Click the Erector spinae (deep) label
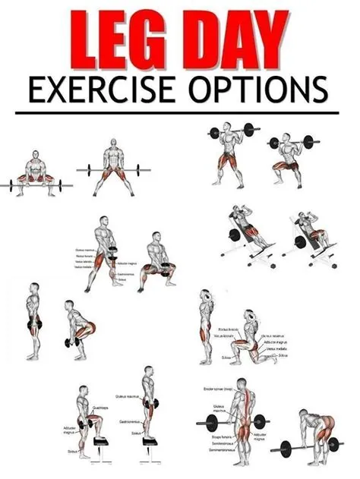[x=219, y=389]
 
